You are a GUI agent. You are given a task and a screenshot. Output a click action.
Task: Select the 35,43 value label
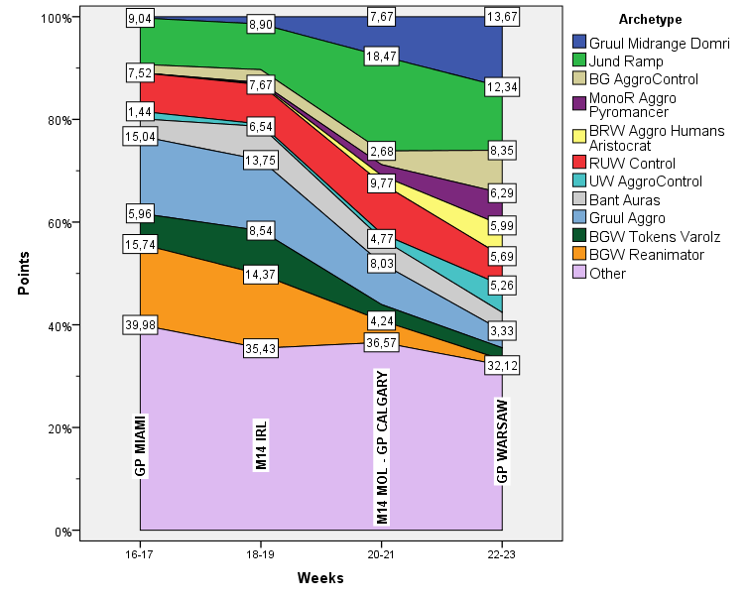tap(260, 349)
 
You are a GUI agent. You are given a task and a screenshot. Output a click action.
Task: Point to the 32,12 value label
tap(501, 365)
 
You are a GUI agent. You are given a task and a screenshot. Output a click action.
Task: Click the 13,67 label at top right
tap(501, 17)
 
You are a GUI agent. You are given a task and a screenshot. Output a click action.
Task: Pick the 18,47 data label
tap(381, 58)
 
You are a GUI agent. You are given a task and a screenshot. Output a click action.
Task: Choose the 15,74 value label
tap(140, 243)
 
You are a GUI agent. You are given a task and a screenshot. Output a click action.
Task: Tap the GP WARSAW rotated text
tap(502, 440)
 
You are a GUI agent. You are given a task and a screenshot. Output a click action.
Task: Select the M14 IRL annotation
tap(261, 443)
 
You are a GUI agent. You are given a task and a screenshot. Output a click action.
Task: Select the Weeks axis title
tap(320, 578)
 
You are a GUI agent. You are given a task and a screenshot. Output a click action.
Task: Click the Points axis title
tap(24, 274)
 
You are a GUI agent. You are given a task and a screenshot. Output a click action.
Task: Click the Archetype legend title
tap(649, 19)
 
